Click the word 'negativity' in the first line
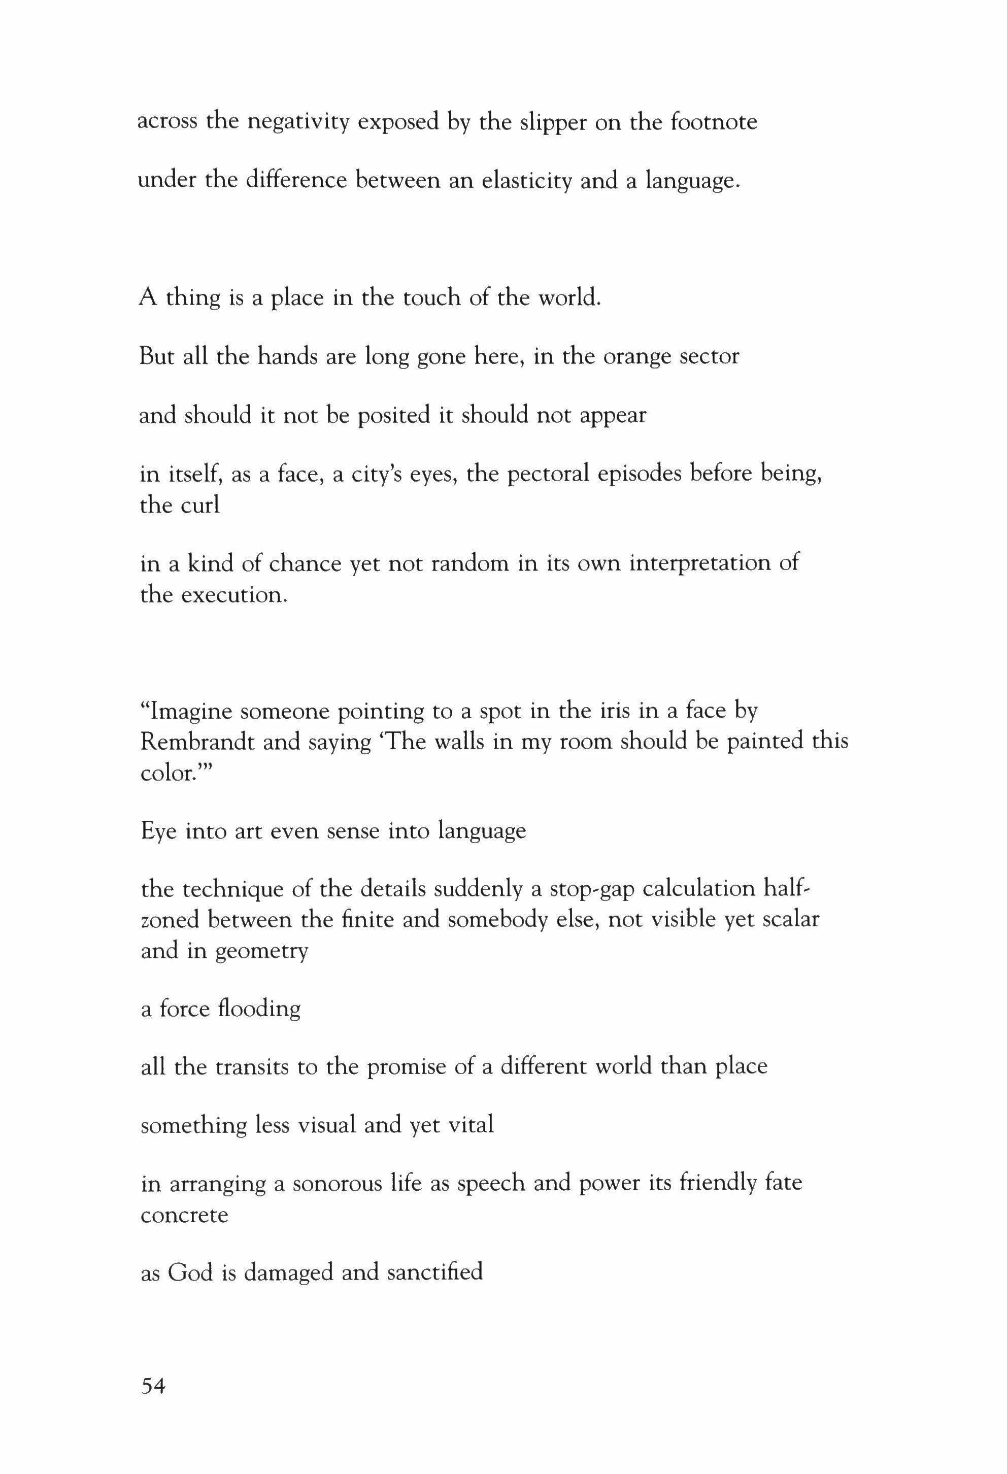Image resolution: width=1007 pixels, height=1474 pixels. click(297, 122)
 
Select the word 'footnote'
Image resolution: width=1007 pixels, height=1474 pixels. click(714, 122)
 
